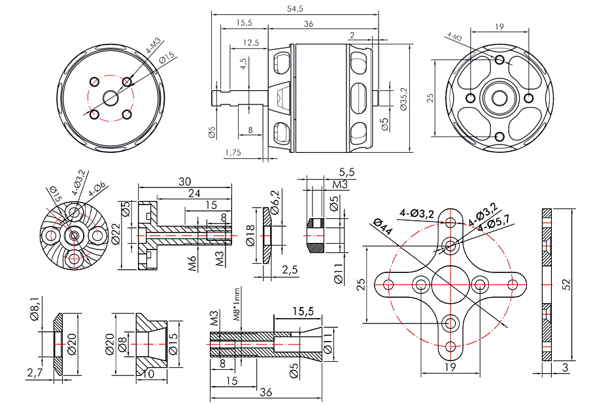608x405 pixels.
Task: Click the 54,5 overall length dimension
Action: pyautogui.click(x=296, y=8)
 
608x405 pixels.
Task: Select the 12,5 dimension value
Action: pyautogui.click(x=250, y=42)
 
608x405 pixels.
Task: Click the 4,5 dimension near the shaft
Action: pyautogui.click(x=243, y=65)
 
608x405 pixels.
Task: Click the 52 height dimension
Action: pyautogui.click(x=567, y=284)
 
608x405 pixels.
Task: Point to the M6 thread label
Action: pyautogui.click(x=193, y=263)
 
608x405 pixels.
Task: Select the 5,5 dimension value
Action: pyautogui.click(x=346, y=172)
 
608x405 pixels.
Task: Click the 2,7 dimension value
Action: pyautogui.click(x=34, y=372)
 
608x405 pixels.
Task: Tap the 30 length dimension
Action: pyautogui.click(x=184, y=181)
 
